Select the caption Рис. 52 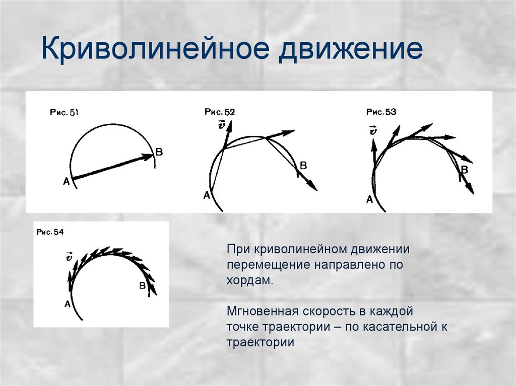point(220,112)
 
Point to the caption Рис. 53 point(381,112)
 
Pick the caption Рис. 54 point(50,232)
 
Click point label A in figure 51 point(66,182)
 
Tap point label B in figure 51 point(159,152)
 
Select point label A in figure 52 point(206,195)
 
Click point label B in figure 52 point(303,166)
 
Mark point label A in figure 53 point(369,199)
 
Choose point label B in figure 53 point(465,171)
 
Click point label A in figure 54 point(67,303)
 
